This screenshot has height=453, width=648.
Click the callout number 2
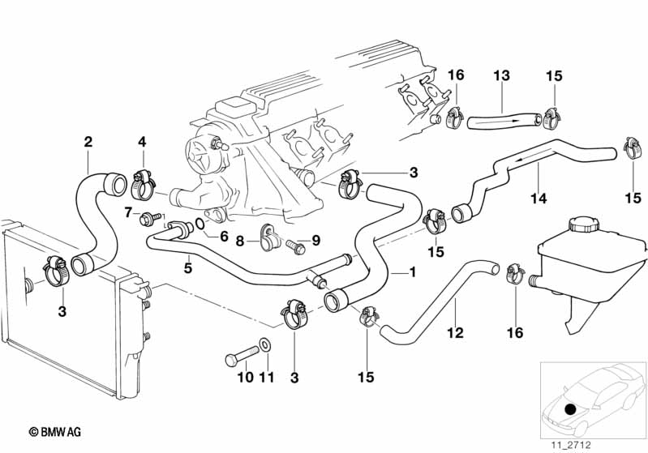[x=88, y=141]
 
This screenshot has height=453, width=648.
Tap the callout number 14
[x=538, y=196]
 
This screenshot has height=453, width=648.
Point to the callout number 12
[x=455, y=332]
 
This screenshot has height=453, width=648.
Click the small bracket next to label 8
[x=265, y=237]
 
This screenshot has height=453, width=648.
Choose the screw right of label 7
[x=150, y=217]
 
